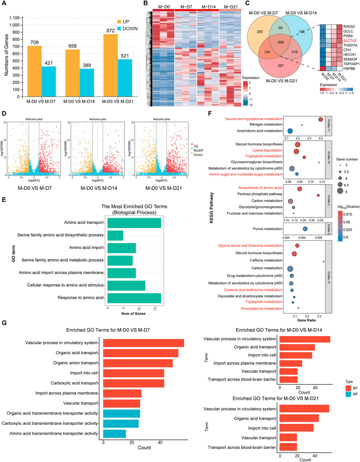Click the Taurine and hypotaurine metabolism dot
pos(320,120)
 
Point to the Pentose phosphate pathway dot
pos(318,195)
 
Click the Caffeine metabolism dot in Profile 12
pos(323,261)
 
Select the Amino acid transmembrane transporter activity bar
pos(114,434)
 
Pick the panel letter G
pos(4,323)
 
